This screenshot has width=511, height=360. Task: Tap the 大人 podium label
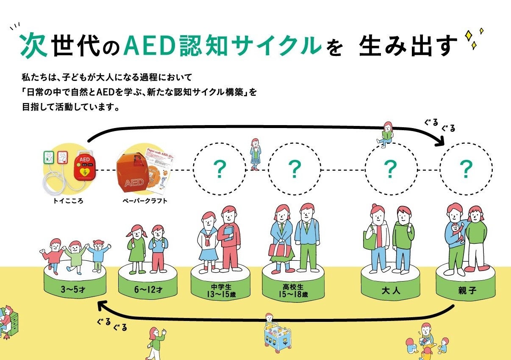click(390, 291)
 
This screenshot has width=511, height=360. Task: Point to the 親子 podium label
click(465, 291)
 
